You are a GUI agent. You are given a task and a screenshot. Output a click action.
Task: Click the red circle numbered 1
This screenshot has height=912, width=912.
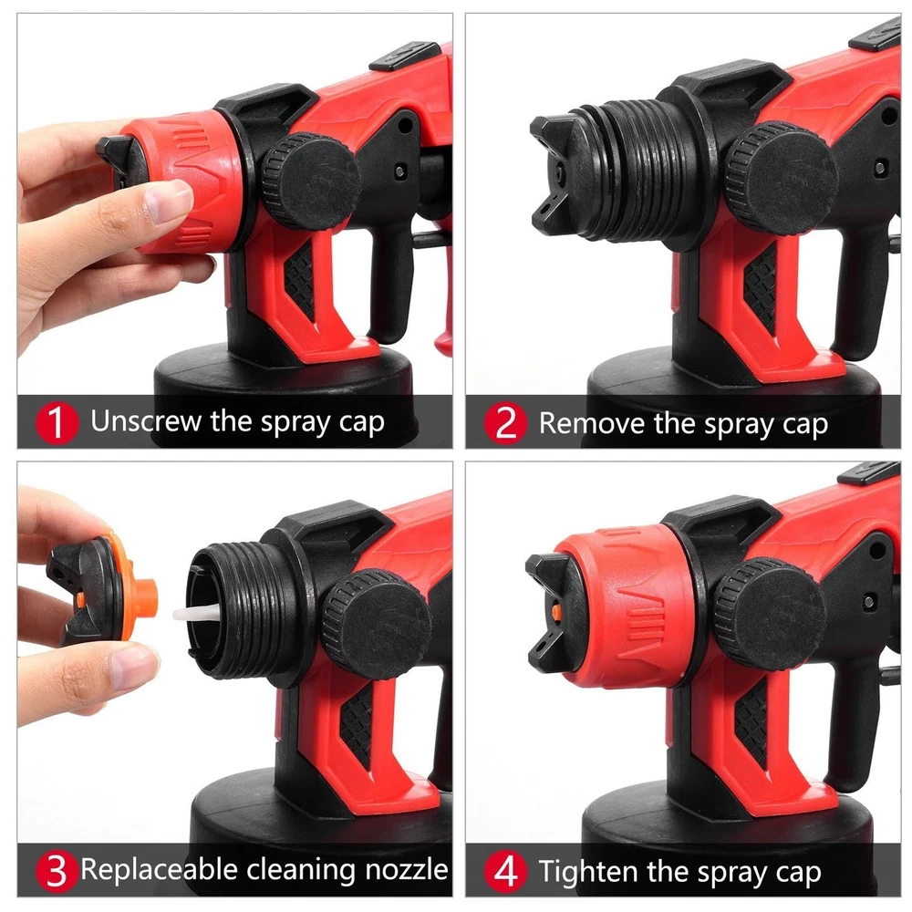coord(57,423)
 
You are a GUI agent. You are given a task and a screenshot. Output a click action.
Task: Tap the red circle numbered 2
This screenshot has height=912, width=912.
coord(505,423)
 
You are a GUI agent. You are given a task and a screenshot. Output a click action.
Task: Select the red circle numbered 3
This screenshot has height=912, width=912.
coord(57,871)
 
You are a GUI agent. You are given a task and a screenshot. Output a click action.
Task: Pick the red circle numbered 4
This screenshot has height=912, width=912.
coord(505,871)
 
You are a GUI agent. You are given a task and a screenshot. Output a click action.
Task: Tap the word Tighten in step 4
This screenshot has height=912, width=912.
coord(589,872)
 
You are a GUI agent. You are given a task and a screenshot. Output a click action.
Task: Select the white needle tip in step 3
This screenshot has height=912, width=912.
coord(196,612)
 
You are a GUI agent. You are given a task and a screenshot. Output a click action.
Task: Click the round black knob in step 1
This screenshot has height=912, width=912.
coord(309,181)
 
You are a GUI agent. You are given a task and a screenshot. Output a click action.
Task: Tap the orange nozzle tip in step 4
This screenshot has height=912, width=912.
coord(556,611)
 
